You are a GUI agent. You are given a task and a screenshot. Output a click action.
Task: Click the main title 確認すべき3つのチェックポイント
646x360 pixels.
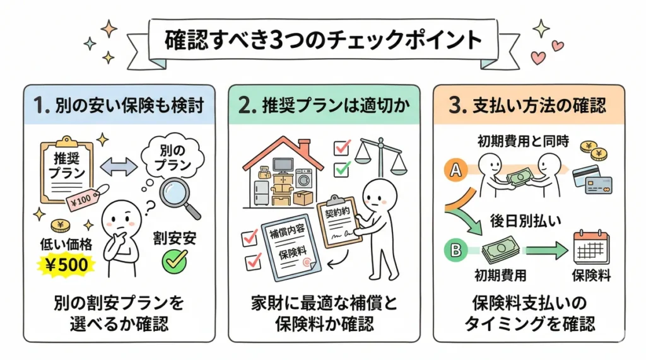coord(323,40)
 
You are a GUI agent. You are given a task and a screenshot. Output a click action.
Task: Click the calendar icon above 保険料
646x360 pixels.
coord(590,248)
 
